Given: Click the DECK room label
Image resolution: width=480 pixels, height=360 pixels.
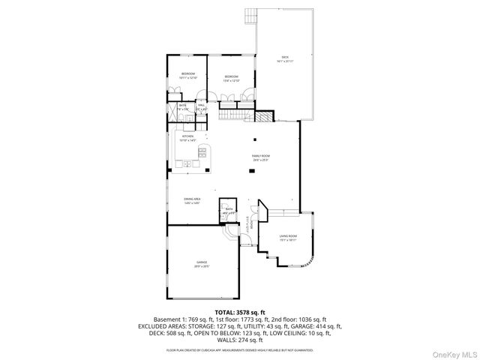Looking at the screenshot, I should point(284,57).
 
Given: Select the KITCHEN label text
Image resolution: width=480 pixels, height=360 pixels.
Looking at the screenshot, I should point(187,136).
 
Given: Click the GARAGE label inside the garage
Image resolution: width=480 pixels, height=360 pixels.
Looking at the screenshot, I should point(202,262).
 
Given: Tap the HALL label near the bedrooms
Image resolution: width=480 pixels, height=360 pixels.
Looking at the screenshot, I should point(201,106).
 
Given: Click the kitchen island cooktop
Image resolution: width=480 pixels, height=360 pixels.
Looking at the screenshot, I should point(201,154).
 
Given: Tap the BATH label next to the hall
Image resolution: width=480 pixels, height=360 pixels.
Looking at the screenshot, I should point(182,106).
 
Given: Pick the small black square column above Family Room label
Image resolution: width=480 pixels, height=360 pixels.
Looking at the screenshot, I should point(255,139).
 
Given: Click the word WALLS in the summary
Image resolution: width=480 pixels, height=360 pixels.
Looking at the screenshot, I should point(220,340).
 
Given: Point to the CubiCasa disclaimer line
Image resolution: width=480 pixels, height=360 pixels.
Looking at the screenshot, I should point(240,349).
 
